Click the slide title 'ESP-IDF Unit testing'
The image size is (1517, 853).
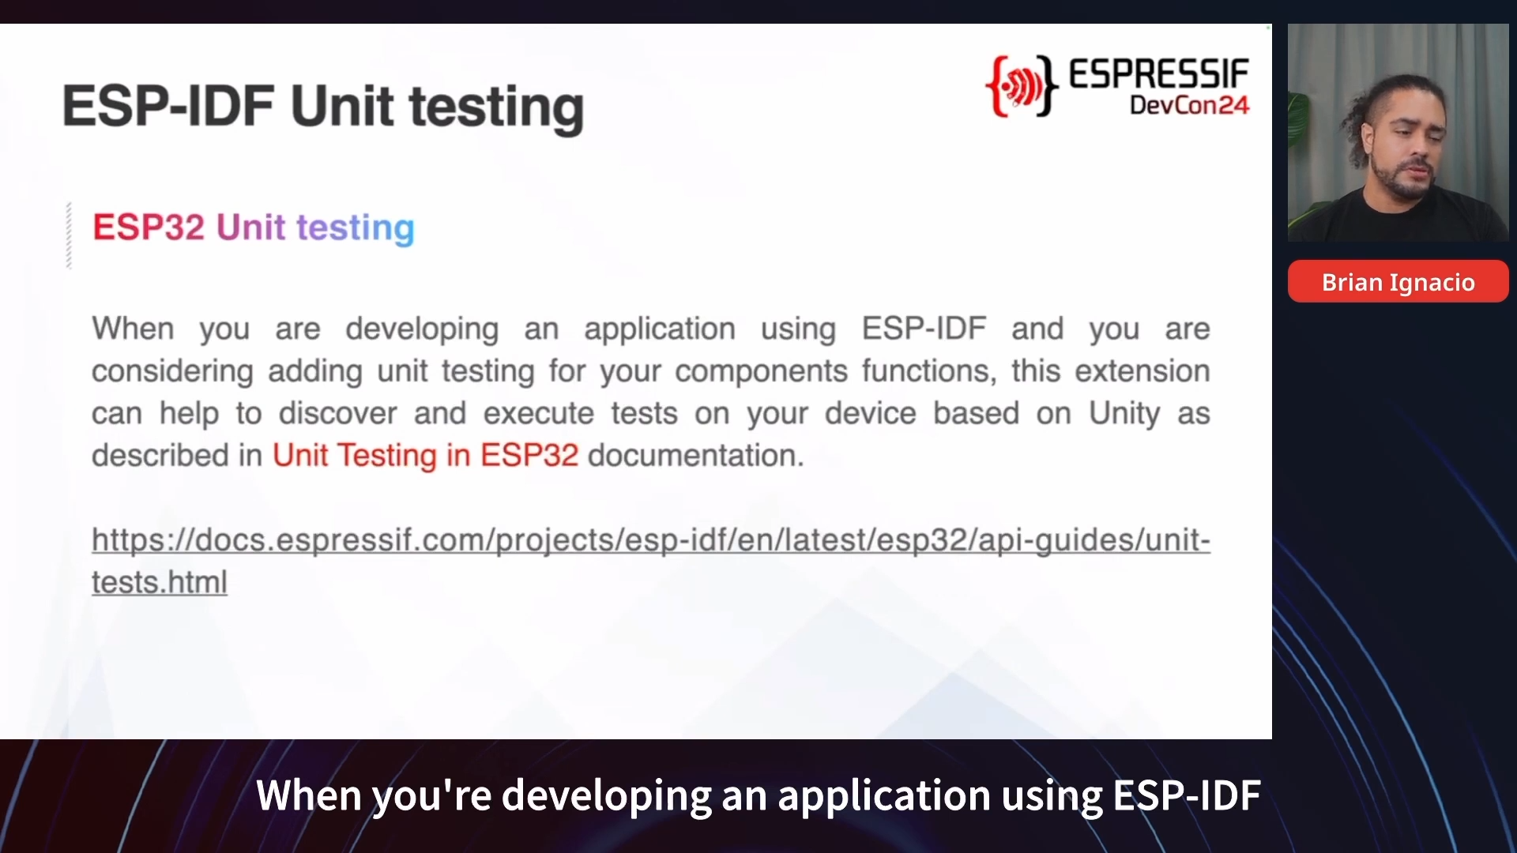tap(323, 107)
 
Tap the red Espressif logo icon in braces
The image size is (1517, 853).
tap(1022, 86)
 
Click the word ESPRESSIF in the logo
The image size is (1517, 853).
tap(1159, 74)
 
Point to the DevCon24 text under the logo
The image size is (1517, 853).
tap(1190, 105)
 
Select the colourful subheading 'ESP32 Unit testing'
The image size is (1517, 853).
tap(254, 227)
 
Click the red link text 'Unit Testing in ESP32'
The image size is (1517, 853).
tap(425, 455)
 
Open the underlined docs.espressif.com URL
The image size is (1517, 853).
tap(651, 561)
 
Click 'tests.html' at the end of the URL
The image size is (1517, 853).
tap(160, 582)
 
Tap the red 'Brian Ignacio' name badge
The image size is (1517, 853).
tap(1398, 281)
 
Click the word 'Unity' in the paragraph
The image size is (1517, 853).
tap(1125, 414)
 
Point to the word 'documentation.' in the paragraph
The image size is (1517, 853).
tap(696, 455)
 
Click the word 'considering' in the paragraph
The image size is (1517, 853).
tap(172, 371)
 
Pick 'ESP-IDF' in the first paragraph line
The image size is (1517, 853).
tap(924, 329)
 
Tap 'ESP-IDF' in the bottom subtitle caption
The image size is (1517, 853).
tap(1187, 795)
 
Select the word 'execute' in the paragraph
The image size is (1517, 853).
tap(539, 414)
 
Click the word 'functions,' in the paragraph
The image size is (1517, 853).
tap(929, 371)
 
